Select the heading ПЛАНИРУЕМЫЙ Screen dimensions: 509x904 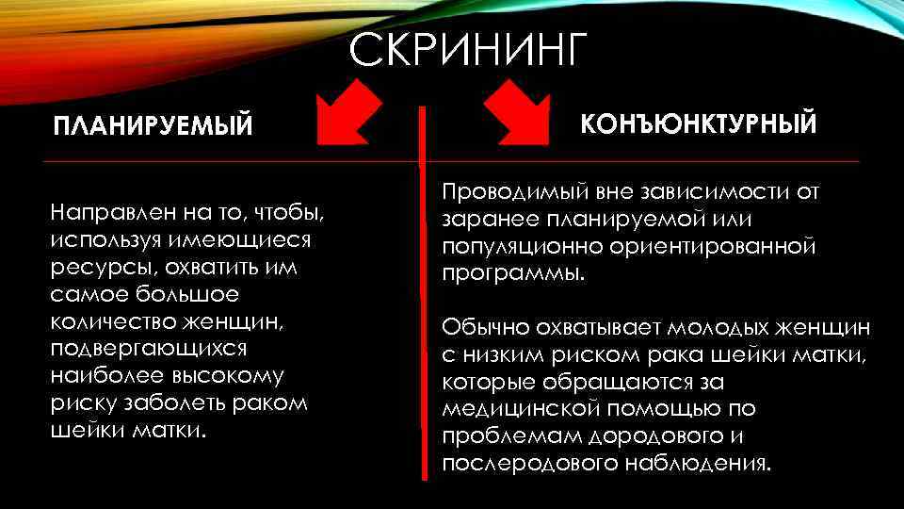point(153,126)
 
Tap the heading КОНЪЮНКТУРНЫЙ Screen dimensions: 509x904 point(698,124)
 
